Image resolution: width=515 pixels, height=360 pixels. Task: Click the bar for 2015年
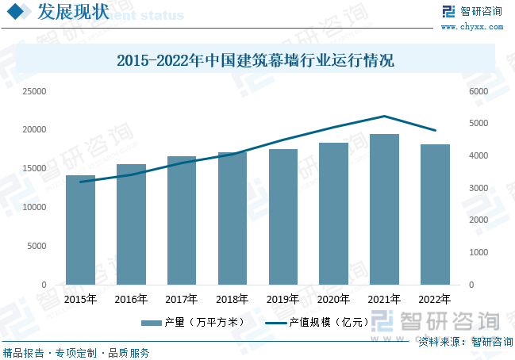coord(80,230)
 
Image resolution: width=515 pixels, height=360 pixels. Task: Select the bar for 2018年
coord(233,218)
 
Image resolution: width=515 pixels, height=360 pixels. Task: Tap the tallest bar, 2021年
coord(385,209)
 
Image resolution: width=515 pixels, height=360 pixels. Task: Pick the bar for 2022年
coord(435,214)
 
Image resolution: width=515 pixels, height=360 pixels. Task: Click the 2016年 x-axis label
coord(131,299)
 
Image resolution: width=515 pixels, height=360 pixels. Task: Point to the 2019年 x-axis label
coord(283,299)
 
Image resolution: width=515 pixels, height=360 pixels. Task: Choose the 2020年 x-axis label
coord(334,299)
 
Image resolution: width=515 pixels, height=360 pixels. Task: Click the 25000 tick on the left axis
coord(34,91)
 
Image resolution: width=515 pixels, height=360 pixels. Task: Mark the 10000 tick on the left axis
coord(34,207)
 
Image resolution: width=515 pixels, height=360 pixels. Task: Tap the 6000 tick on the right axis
coord(475,91)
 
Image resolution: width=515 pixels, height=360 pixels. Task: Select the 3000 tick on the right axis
coord(475,188)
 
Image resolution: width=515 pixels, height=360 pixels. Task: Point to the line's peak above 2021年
coord(384,117)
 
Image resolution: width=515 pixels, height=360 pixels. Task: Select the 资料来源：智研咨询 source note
coord(462,342)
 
